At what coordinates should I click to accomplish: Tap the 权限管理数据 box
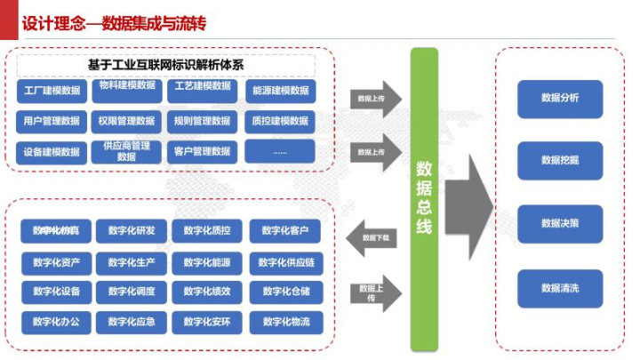coord(127,121)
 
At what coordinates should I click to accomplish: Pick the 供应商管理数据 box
coord(127,151)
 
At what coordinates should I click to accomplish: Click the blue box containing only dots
coord(280,151)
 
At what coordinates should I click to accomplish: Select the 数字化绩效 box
coord(208,291)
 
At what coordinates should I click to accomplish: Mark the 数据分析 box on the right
coord(560,98)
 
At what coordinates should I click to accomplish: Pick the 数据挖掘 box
coord(560,160)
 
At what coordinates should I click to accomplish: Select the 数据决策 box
coord(560,223)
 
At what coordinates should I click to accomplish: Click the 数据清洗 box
coord(560,288)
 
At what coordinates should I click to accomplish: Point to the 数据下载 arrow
coord(372,237)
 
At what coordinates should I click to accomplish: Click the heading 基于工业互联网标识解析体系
coord(166,65)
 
